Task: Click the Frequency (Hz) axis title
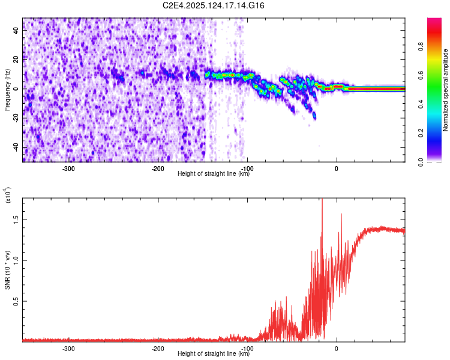click(7, 90)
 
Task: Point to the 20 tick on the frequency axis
click(16, 59)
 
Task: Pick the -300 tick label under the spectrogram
click(68, 168)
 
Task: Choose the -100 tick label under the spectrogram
click(247, 168)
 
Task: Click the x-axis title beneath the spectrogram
click(214, 174)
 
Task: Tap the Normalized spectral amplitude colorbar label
click(446, 90)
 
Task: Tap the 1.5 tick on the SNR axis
click(16, 219)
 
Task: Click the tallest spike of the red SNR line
click(322, 200)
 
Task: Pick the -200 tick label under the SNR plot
click(158, 348)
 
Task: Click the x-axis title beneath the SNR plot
click(214, 354)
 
